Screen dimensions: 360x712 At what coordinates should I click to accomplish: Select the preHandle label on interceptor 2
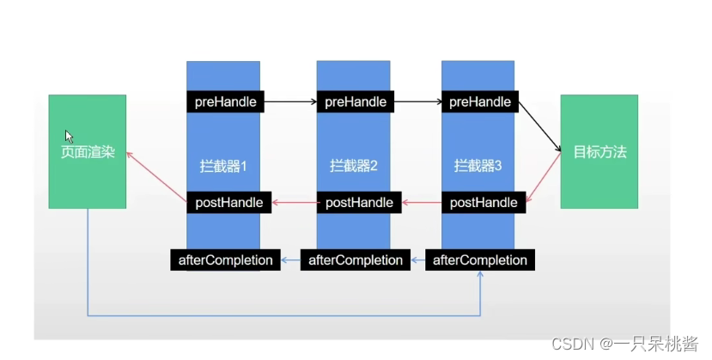356,102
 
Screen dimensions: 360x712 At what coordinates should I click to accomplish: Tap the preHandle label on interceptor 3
480,102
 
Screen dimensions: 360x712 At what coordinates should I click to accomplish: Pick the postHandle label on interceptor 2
359,203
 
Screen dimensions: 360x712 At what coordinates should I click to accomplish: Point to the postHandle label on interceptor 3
484,203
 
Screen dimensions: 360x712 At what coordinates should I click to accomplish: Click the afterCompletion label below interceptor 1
225,259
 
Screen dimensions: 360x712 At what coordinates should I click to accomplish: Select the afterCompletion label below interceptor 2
355,259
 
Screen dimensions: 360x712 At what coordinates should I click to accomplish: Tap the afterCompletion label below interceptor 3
479,259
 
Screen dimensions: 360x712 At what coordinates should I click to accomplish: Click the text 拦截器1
222,166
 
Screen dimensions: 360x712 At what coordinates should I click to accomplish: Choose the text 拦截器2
354,166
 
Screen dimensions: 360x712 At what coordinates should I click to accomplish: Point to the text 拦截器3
478,166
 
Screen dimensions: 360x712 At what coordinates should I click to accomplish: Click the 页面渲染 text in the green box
87,153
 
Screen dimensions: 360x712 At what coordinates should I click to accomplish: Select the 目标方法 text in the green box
599,153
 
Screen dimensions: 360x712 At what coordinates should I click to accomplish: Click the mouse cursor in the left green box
70,136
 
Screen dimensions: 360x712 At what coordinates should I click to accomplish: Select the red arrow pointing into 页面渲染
156,178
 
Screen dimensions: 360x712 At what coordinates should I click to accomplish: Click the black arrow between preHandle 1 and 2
290,102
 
